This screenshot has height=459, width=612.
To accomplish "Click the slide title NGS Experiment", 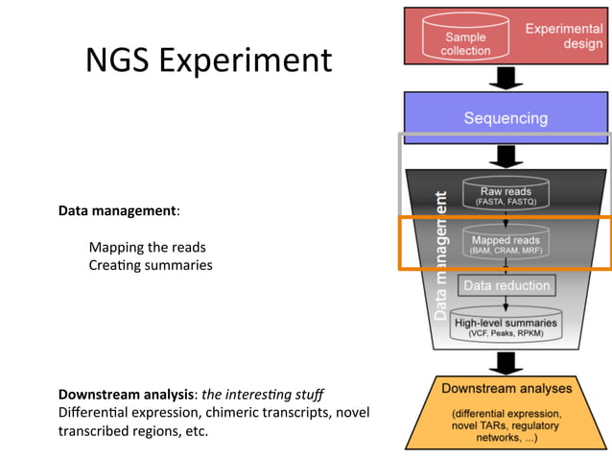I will click(x=208, y=60).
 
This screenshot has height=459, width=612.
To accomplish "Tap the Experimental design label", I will click(x=563, y=36).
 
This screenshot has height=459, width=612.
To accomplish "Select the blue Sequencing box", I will click(x=506, y=118).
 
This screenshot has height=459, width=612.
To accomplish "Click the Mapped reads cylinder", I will click(x=505, y=243).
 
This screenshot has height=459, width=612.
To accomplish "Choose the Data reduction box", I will click(x=506, y=285).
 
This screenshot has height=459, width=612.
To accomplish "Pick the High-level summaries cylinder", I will click(x=505, y=327).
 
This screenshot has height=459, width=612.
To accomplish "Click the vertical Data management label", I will click(x=441, y=254).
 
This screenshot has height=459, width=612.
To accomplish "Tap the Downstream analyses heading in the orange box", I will click(x=506, y=389).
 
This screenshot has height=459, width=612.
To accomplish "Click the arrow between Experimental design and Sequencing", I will click(x=506, y=78).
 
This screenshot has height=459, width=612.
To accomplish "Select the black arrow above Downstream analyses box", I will click(x=506, y=362).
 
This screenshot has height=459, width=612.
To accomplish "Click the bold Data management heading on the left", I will click(x=119, y=209).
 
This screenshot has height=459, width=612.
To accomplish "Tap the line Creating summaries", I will click(x=150, y=264).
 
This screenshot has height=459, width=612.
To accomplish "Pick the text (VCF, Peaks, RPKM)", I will click(x=505, y=334).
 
